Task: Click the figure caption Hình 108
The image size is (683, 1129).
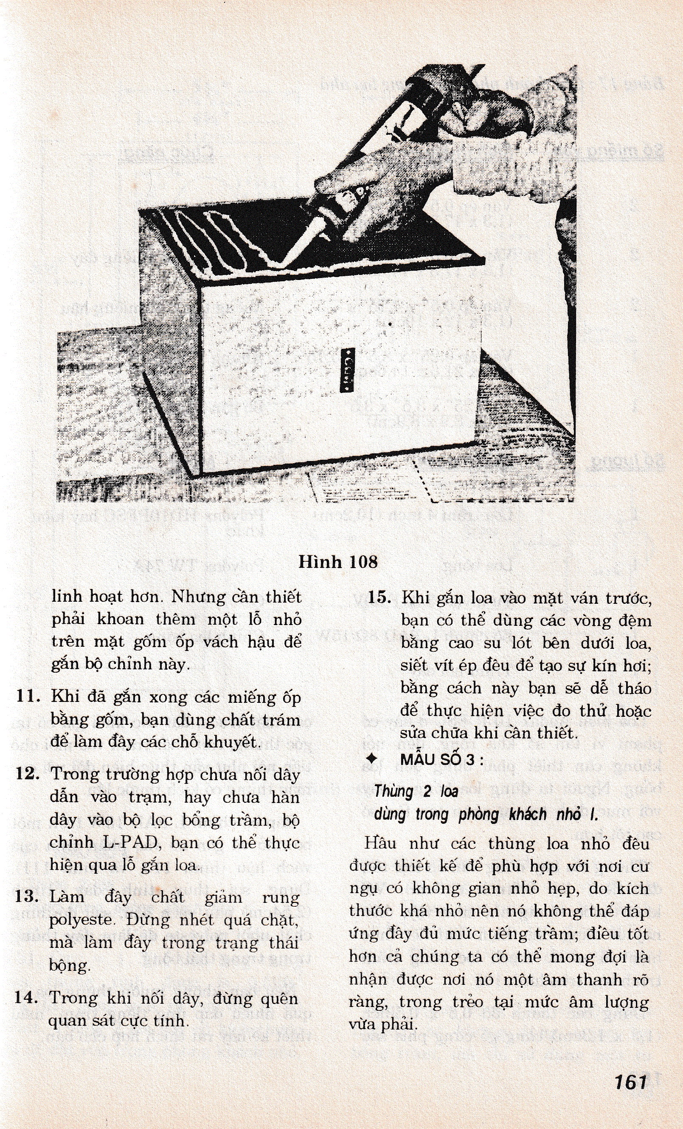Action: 338,562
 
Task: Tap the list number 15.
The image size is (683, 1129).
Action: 379,598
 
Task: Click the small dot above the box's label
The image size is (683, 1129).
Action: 390,324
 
